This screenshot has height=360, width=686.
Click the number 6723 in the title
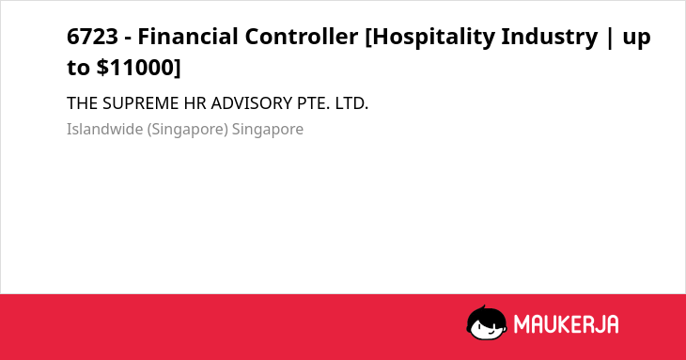tap(92, 37)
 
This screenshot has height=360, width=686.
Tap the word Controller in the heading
tap(302, 37)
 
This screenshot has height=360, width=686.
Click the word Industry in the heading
tap(550, 38)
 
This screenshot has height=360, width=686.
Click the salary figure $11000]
tap(138, 68)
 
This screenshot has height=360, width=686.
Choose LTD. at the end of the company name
tap(351, 103)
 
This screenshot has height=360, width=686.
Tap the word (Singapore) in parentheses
tap(188, 130)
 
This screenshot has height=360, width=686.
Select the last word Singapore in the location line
tap(268, 130)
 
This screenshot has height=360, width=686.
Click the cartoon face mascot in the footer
tap(487, 322)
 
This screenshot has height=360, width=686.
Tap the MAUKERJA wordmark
tap(566, 324)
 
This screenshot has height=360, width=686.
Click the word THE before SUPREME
tap(83, 103)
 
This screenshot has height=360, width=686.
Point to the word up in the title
tap(636, 39)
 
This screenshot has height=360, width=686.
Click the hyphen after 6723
tap(128, 39)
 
